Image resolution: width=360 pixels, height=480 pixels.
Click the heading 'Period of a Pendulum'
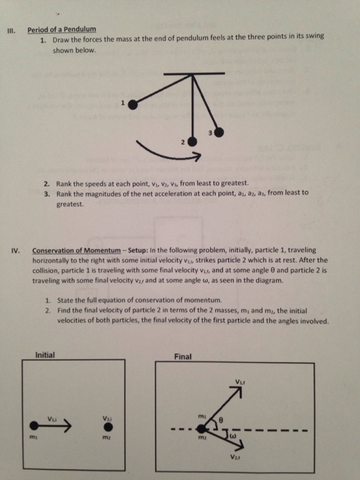pos(61,29)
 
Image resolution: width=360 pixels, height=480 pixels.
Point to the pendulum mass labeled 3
pos(219,132)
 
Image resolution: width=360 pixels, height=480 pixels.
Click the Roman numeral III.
pos(10,30)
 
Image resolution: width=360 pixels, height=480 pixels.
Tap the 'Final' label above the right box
pos(184,356)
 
